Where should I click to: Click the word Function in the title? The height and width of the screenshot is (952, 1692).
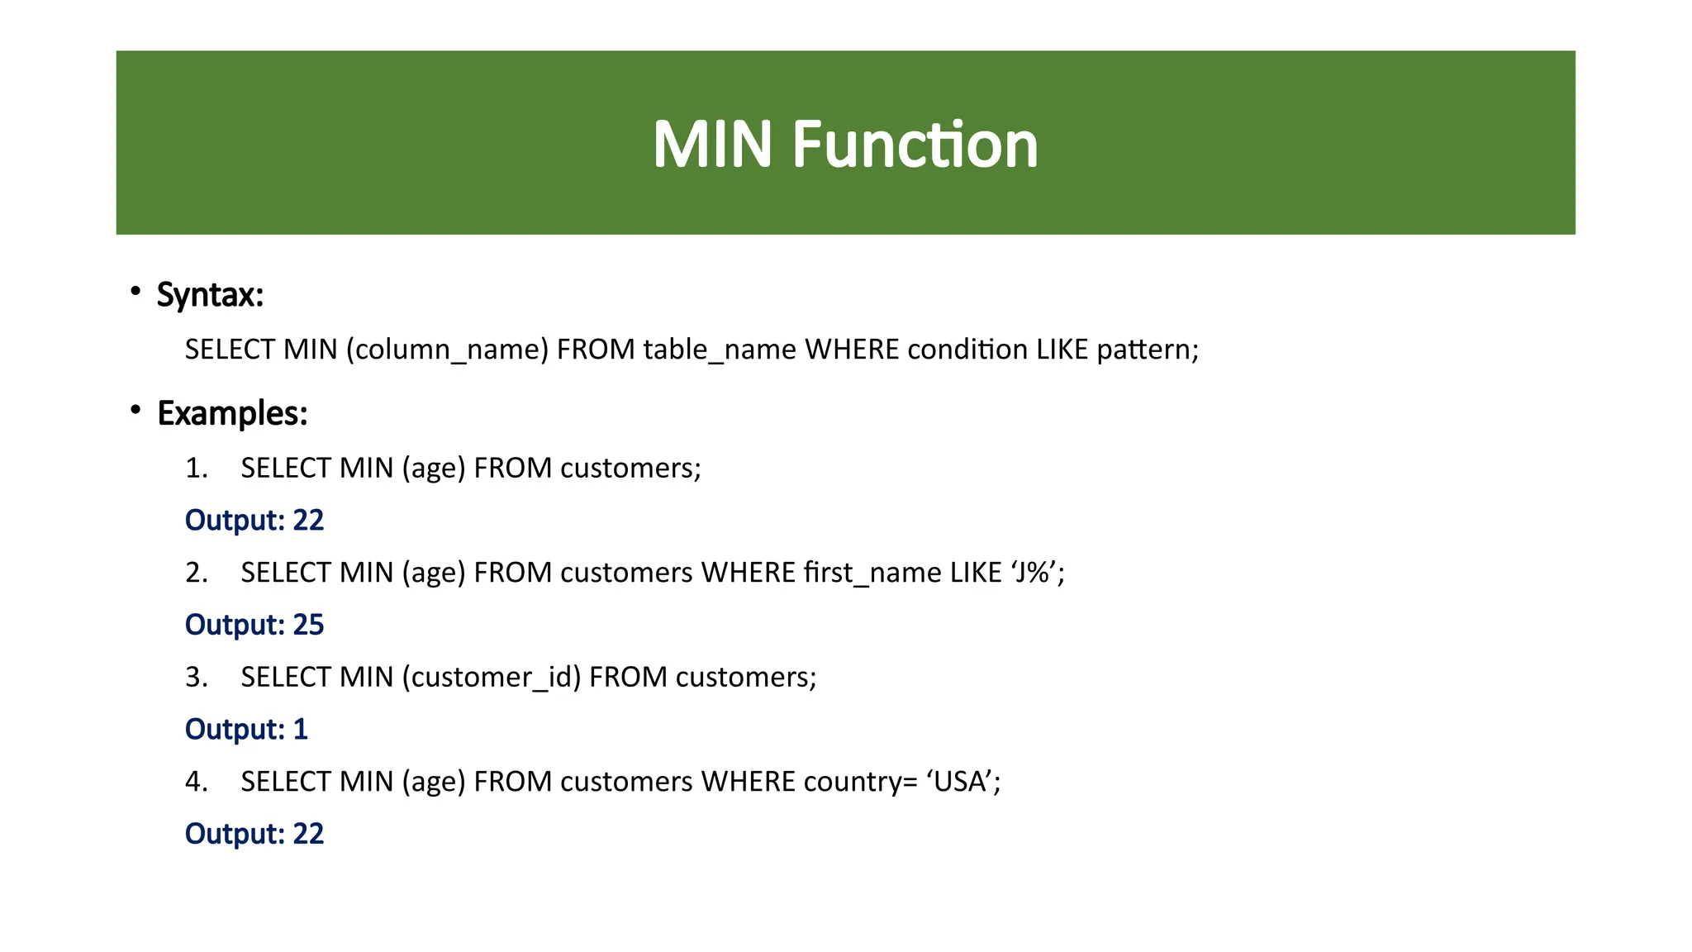pos(915,145)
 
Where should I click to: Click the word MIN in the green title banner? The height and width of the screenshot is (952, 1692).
pos(712,145)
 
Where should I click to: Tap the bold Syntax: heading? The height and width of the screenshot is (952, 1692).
pos(210,295)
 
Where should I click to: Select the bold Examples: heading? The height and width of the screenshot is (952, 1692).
pos(232,413)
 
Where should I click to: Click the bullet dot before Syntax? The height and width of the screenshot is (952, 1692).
pos(135,291)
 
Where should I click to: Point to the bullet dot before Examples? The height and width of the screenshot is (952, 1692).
pos(135,410)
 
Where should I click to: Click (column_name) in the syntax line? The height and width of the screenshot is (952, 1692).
pos(447,350)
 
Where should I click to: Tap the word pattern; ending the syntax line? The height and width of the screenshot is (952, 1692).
pos(1148,350)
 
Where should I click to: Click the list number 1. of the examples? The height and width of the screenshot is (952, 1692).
pos(197,469)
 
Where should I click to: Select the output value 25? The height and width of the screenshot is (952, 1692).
pos(308,625)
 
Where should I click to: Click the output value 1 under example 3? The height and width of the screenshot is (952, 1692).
pos(301,729)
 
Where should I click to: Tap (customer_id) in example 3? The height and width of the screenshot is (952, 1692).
pos(492,677)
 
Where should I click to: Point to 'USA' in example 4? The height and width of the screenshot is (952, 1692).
pos(963,781)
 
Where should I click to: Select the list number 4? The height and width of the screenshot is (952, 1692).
pos(197,781)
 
